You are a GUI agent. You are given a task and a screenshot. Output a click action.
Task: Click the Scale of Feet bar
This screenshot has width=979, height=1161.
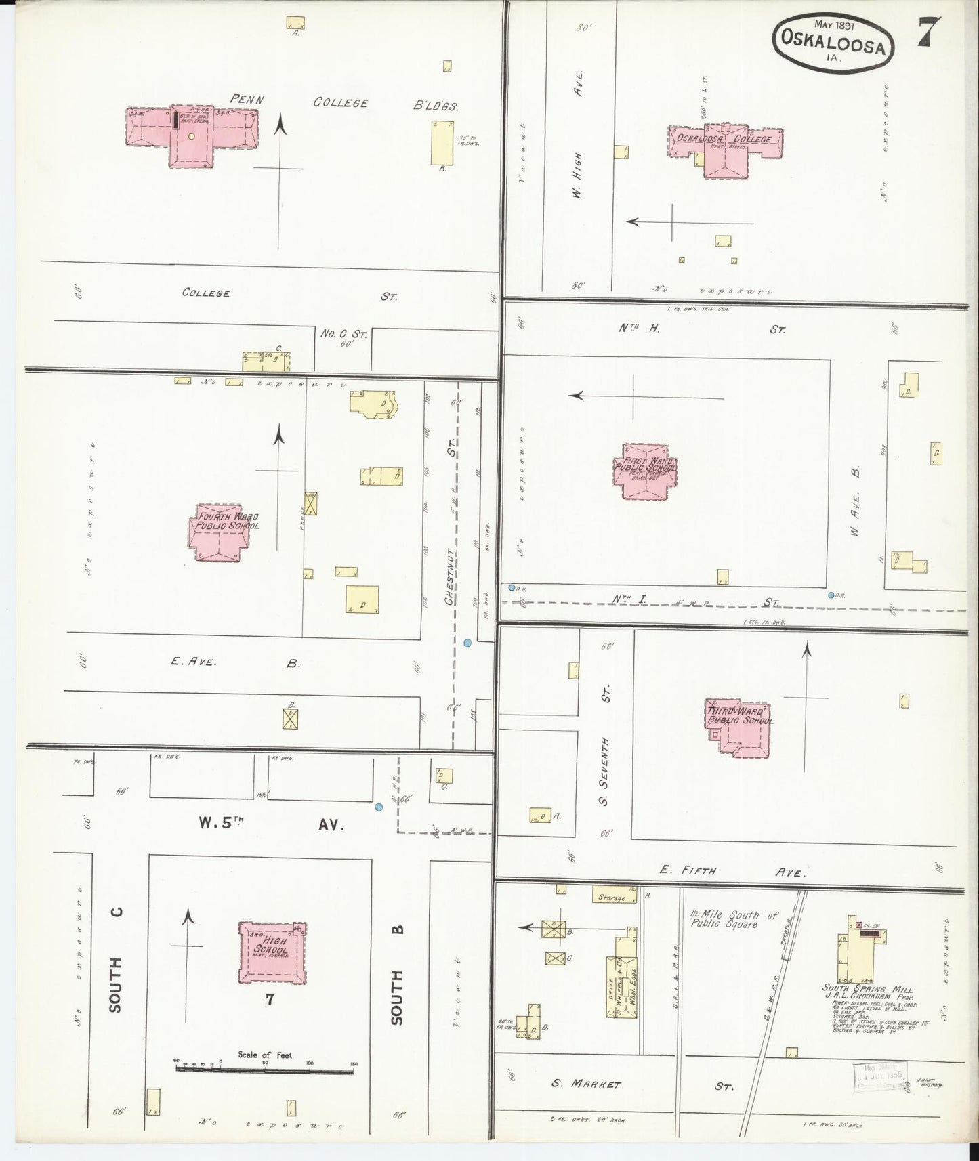point(265,1069)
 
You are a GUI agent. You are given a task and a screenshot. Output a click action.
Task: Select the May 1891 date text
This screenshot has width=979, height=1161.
point(835,24)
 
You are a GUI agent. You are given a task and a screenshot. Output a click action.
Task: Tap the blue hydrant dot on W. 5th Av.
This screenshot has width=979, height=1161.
point(379,806)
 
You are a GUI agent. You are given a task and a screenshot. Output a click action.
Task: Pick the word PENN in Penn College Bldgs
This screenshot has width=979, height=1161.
point(247,99)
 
